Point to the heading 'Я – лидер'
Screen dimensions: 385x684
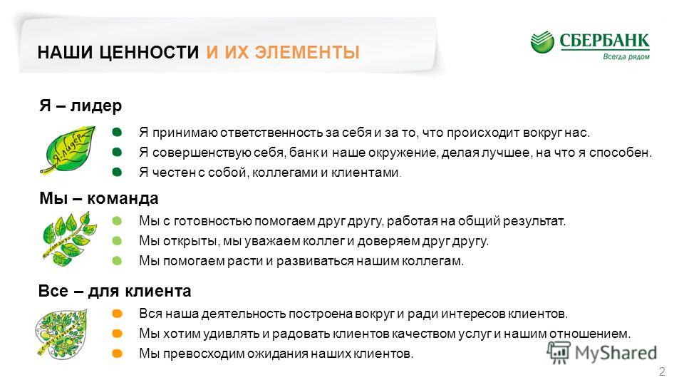81,106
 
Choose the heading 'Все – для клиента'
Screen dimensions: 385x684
113,291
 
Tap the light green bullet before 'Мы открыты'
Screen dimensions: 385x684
118,241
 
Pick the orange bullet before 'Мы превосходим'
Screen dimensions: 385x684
118,354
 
